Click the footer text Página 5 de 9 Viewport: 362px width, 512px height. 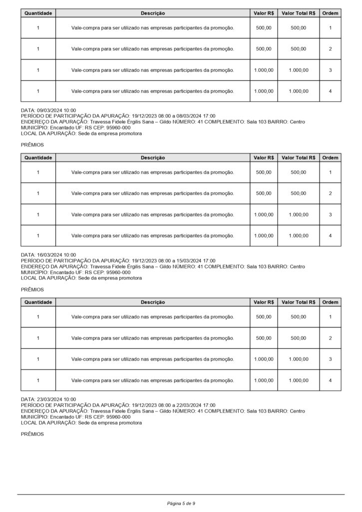181,503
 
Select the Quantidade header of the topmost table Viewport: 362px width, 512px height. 38,13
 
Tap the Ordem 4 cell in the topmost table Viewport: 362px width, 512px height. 330,91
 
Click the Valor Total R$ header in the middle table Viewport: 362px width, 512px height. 298,157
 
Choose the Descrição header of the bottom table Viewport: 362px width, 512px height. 152,302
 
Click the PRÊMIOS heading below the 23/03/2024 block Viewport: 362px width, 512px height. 32,434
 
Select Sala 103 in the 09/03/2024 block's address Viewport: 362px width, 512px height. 259,122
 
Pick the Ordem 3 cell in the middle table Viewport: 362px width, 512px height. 330,214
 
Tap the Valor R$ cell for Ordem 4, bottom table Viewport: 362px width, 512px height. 264,380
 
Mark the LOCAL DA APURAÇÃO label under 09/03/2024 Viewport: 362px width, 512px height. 48,133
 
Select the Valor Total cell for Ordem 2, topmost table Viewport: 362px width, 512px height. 298,49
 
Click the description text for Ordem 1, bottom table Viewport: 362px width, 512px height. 152,316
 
